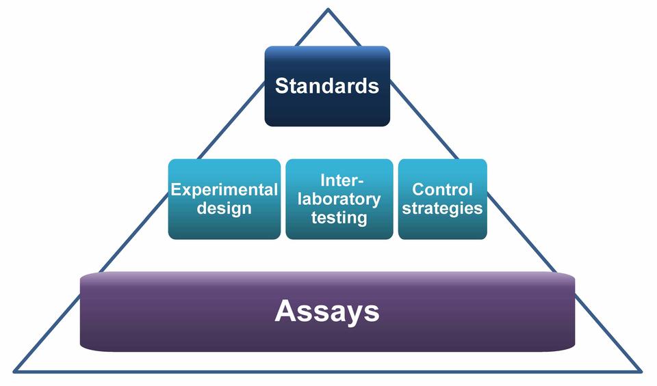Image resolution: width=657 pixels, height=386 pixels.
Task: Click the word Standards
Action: click(x=327, y=87)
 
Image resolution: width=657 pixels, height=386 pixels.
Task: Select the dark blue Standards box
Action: click(x=327, y=109)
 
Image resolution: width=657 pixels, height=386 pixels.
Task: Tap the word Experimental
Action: click(x=224, y=190)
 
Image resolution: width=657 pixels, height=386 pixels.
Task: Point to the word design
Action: click(x=224, y=208)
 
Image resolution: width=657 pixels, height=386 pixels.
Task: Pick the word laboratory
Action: click(x=339, y=199)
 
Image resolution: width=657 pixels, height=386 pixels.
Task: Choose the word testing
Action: click(x=339, y=218)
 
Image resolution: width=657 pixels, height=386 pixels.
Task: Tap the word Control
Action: click(x=442, y=190)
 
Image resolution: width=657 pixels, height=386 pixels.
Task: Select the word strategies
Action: click(x=442, y=208)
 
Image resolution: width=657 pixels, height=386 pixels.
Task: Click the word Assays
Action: click(x=327, y=312)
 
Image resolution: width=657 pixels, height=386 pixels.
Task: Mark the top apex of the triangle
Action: click(x=328, y=10)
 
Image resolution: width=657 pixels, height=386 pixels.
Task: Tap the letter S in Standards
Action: click(x=281, y=87)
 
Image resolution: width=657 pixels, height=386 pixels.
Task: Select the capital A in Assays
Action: click(x=285, y=312)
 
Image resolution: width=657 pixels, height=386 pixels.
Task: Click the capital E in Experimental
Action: click(x=176, y=190)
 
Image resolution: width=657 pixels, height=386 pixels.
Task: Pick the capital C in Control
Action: click(x=418, y=190)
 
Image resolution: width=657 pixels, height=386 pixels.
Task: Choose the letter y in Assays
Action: click(x=352, y=314)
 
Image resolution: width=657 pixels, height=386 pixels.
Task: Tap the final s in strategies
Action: click(x=479, y=208)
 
